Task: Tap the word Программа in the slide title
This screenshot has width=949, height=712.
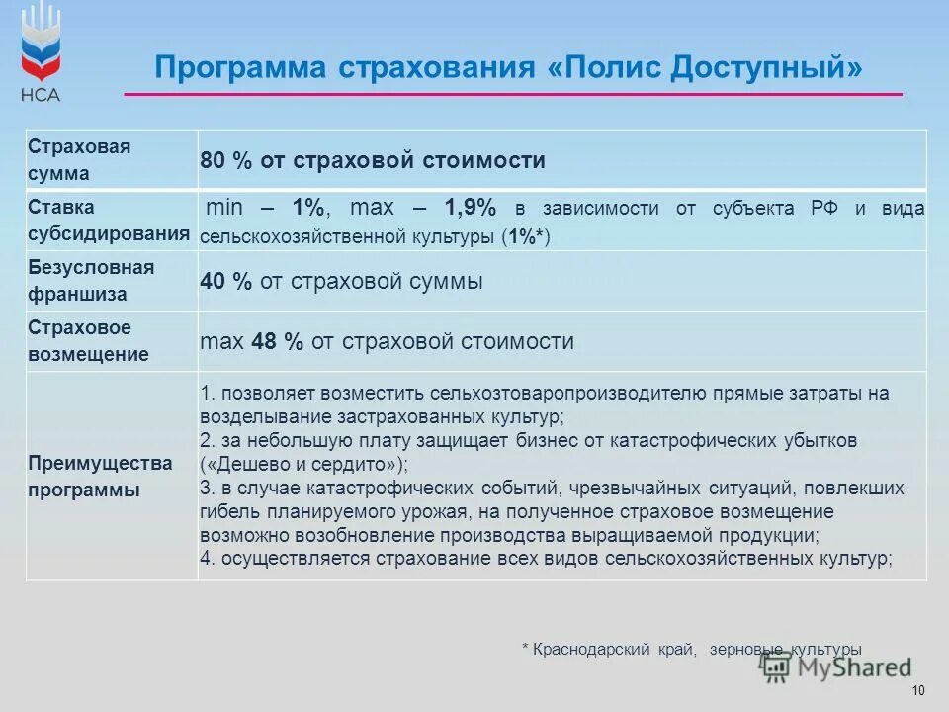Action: click(x=240, y=68)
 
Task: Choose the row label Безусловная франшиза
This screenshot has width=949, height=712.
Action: click(x=91, y=281)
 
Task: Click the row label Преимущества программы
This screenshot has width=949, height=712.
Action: click(x=100, y=476)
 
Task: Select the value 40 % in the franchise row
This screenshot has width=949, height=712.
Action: click(x=226, y=281)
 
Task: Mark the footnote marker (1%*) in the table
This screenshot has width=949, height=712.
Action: click(x=525, y=237)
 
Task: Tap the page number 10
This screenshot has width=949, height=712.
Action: click(x=918, y=690)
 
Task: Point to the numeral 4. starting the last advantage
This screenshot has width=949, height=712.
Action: click(x=207, y=559)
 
